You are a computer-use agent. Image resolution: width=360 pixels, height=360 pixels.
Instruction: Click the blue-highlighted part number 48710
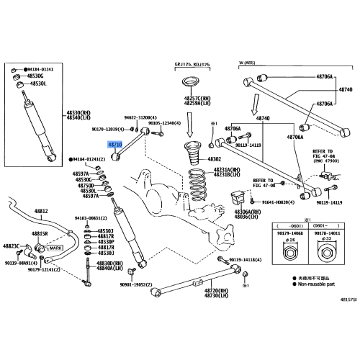click(x=115, y=145)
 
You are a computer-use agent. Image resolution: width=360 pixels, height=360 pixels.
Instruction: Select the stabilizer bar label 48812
click(x=42, y=211)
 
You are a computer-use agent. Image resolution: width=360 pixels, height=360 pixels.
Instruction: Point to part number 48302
click(x=215, y=158)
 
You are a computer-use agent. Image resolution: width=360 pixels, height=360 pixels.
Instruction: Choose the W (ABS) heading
click(x=252, y=63)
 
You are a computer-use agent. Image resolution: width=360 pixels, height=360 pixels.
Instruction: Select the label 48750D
click(x=85, y=184)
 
